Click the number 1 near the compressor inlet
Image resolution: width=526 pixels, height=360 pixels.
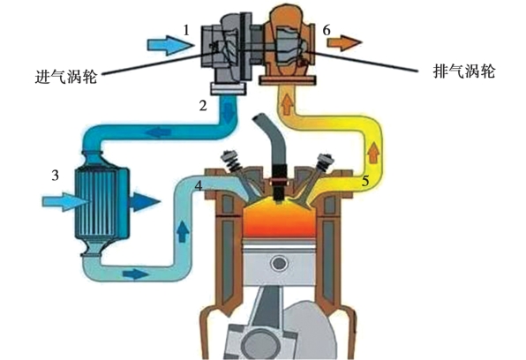186,31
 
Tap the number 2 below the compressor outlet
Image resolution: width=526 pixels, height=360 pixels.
203,106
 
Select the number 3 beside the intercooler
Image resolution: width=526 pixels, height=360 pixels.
56,175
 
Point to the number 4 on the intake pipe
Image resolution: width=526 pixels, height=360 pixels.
199,185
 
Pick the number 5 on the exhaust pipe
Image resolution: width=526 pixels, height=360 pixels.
365,182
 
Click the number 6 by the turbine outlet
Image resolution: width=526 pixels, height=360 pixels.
327,30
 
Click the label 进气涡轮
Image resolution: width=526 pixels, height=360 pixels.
65,77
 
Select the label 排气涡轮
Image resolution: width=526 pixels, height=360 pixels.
464,71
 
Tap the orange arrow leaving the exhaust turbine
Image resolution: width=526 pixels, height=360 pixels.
345,43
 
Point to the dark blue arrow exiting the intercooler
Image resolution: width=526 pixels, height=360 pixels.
146,202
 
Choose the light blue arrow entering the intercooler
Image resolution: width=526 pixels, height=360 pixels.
66,202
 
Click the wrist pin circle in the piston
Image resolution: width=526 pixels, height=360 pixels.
279,263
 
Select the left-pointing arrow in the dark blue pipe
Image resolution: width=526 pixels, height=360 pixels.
159,132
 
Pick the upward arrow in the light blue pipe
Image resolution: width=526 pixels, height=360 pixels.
182,231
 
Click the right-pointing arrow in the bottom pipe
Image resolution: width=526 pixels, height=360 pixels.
136,274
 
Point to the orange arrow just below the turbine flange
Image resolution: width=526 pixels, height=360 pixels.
287,104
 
